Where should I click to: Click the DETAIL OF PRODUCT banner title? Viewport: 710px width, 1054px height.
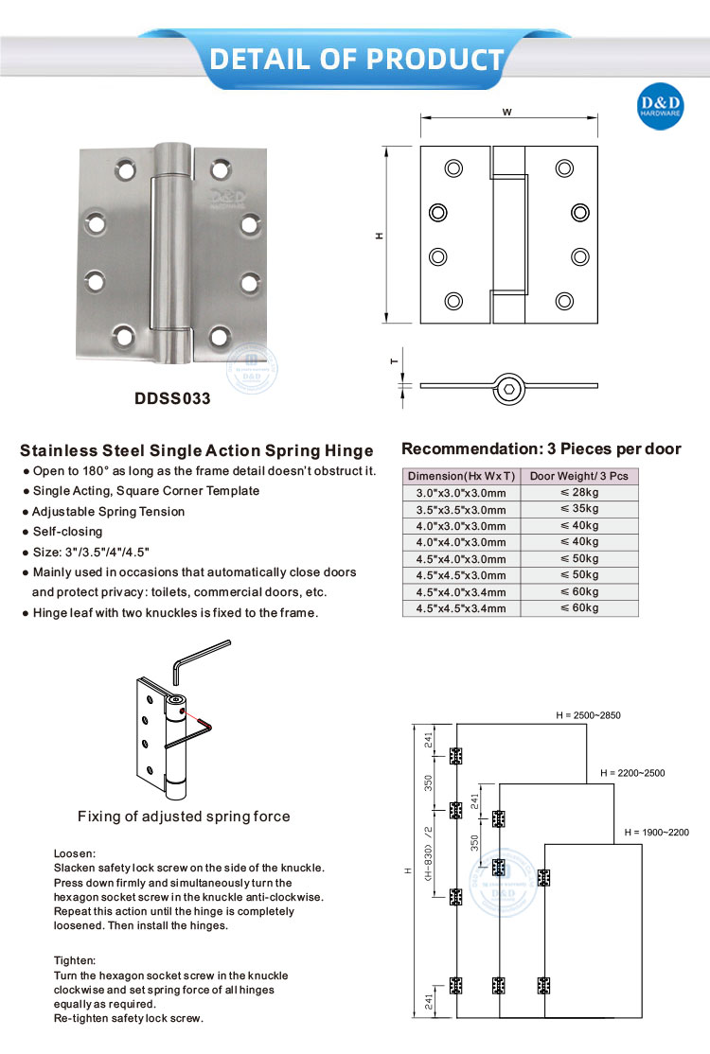[x=356, y=59]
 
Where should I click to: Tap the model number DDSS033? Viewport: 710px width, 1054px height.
[x=172, y=398]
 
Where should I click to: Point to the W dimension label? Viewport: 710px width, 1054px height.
[x=507, y=112]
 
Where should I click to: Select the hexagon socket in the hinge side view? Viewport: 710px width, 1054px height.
[x=510, y=387]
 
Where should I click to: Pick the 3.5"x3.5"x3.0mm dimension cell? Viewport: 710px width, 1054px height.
[x=461, y=510]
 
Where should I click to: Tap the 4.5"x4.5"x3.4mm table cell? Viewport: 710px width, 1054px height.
[x=461, y=608]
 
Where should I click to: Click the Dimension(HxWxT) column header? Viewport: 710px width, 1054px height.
[x=461, y=476]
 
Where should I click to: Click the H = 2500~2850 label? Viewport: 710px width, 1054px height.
[x=588, y=715]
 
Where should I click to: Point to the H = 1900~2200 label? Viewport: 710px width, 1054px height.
[x=656, y=833]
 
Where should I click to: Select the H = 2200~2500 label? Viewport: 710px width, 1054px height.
[x=632, y=773]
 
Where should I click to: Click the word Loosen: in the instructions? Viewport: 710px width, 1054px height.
[x=75, y=852]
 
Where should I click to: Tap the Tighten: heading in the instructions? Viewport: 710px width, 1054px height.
[x=76, y=959]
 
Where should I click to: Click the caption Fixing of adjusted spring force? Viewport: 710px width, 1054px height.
[x=184, y=817]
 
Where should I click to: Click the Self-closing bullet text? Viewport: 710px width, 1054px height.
[x=67, y=532]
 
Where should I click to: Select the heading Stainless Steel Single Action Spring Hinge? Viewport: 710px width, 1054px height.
[x=197, y=450]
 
